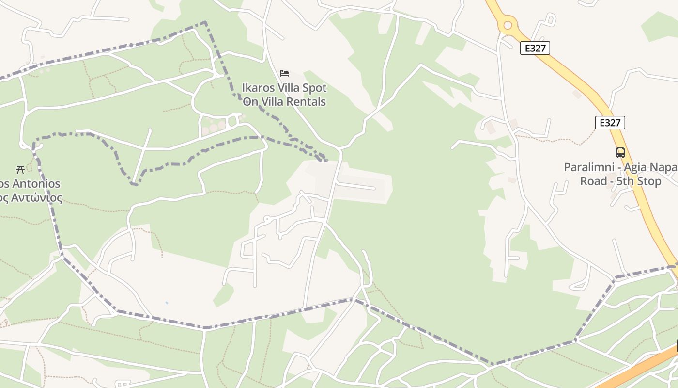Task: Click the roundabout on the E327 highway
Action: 508,25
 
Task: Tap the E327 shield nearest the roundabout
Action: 535,48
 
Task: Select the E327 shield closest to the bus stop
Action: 610,123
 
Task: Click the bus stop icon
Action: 620,153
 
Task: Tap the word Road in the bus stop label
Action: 593,181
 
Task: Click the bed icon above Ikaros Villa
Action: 284,73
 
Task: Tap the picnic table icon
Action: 20,169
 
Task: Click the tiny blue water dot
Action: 167,303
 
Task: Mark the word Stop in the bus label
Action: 649,181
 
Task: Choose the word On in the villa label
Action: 250,102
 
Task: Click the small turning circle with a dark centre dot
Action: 266,219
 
